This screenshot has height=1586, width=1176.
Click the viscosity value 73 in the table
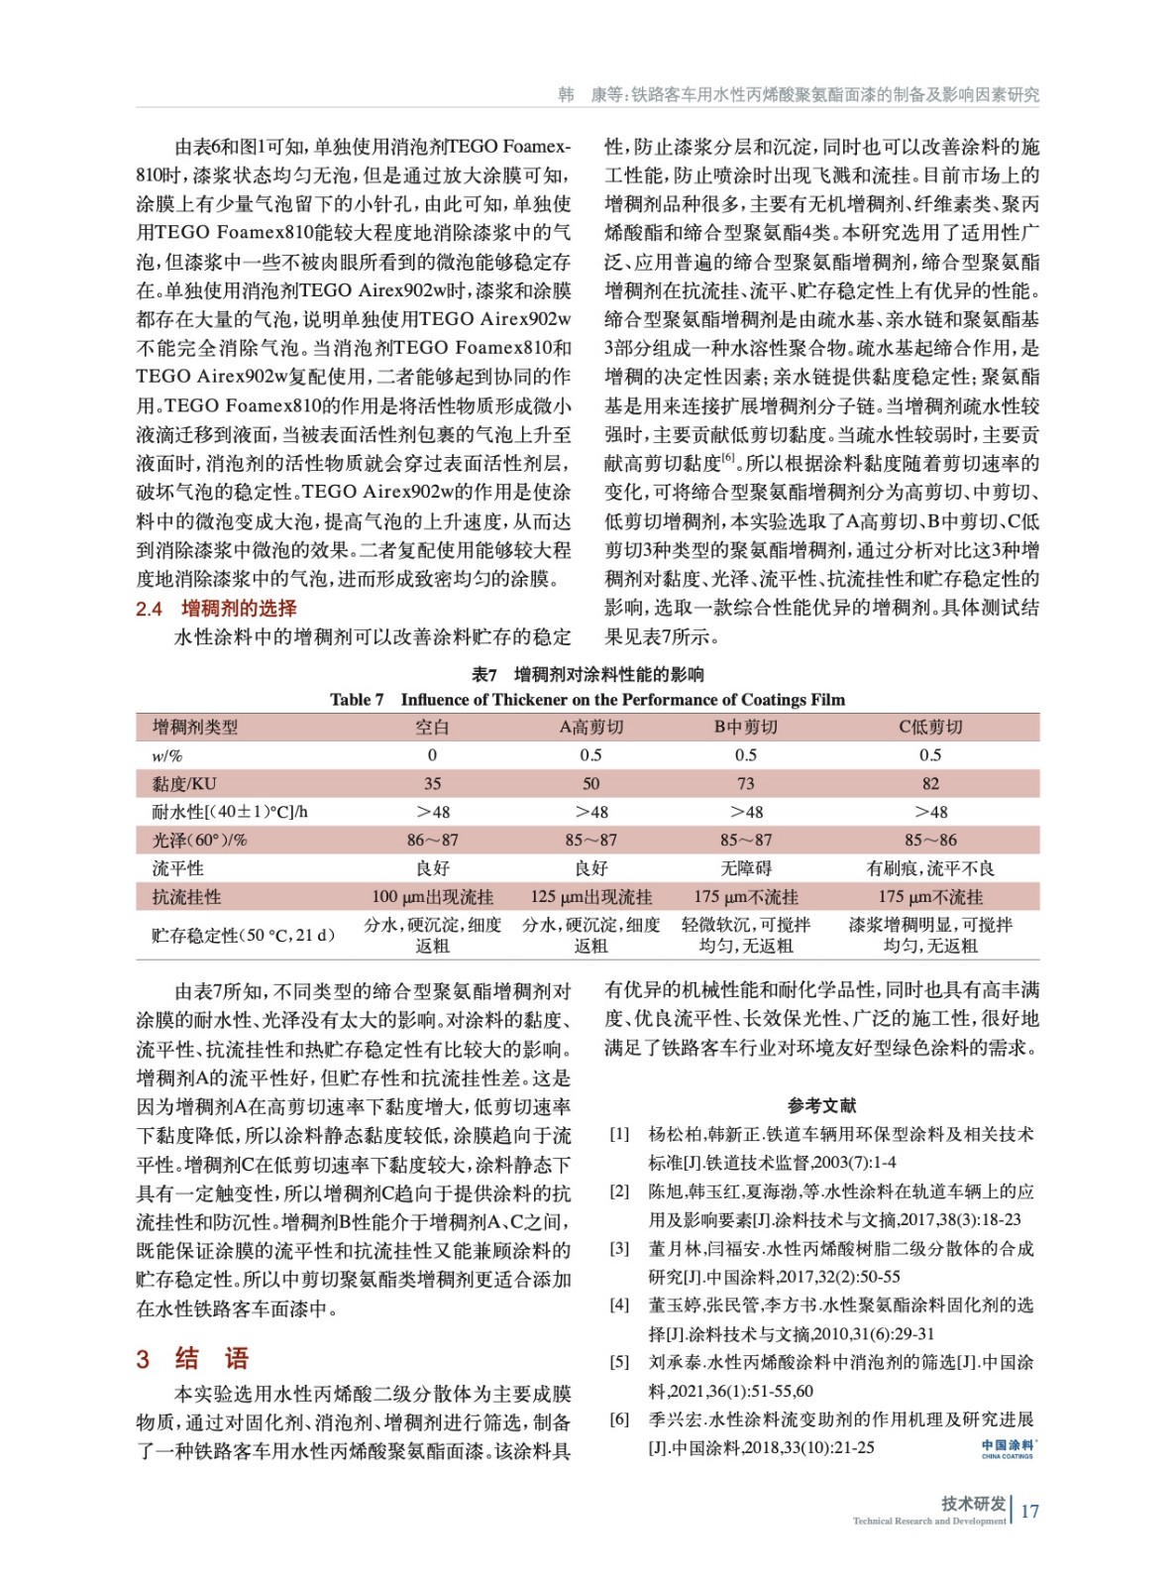[745, 783]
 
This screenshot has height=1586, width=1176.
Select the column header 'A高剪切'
[591, 727]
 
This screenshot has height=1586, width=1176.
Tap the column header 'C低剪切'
[929, 727]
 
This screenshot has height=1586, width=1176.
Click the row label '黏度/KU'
[184, 783]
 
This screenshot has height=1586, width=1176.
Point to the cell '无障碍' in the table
[745, 868]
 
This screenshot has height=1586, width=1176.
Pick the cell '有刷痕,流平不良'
[929, 868]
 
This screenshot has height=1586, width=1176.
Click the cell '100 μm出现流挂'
[432, 897]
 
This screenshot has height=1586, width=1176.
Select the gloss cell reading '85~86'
[929, 840]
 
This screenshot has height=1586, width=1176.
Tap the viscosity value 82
[929, 783]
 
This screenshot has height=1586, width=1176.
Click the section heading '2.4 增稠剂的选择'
[216, 608]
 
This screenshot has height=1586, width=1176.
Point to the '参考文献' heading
[821, 1104]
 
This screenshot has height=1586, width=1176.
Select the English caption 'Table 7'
[357, 700]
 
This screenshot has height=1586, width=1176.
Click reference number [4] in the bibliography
[619, 1304]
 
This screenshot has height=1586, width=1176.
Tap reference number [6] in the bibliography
[619, 1418]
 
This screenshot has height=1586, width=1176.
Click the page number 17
[1029, 1511]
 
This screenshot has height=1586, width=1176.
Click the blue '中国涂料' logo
[1007, 1448]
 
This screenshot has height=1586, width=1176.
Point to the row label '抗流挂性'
[186, 897]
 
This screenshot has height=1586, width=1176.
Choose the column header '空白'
[432, 727]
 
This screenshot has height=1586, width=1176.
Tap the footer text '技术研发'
[973, 1504]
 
